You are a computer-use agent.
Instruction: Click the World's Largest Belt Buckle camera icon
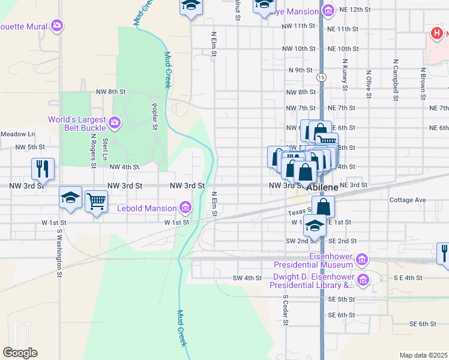[115, 124]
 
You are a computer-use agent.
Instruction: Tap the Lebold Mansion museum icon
[186, 208]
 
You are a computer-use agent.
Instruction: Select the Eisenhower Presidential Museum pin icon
[361, 260]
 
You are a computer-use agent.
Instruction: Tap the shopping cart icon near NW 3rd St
[96, 201]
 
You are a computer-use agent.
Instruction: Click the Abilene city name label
[324, 187]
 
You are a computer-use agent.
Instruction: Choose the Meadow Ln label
[17, 133]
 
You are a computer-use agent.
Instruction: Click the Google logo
[20, 353]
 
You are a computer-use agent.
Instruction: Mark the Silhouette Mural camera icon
[56, 25]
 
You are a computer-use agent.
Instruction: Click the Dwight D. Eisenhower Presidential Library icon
[362, 280]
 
